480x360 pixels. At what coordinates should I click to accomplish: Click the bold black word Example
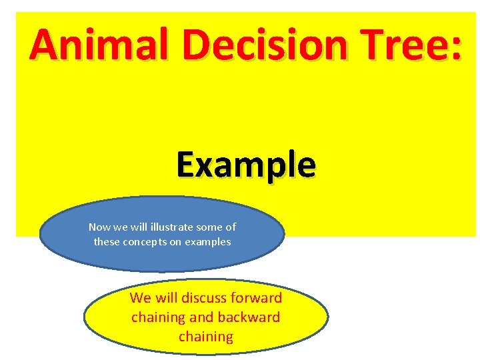[246, 165]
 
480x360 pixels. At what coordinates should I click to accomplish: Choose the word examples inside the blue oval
[209, 242]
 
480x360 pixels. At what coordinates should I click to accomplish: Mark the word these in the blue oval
[107, 242]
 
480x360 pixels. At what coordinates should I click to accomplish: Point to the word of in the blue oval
[231, 227]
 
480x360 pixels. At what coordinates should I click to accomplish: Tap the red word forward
[256, 298]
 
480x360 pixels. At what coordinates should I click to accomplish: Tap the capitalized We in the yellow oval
[141, 298]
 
